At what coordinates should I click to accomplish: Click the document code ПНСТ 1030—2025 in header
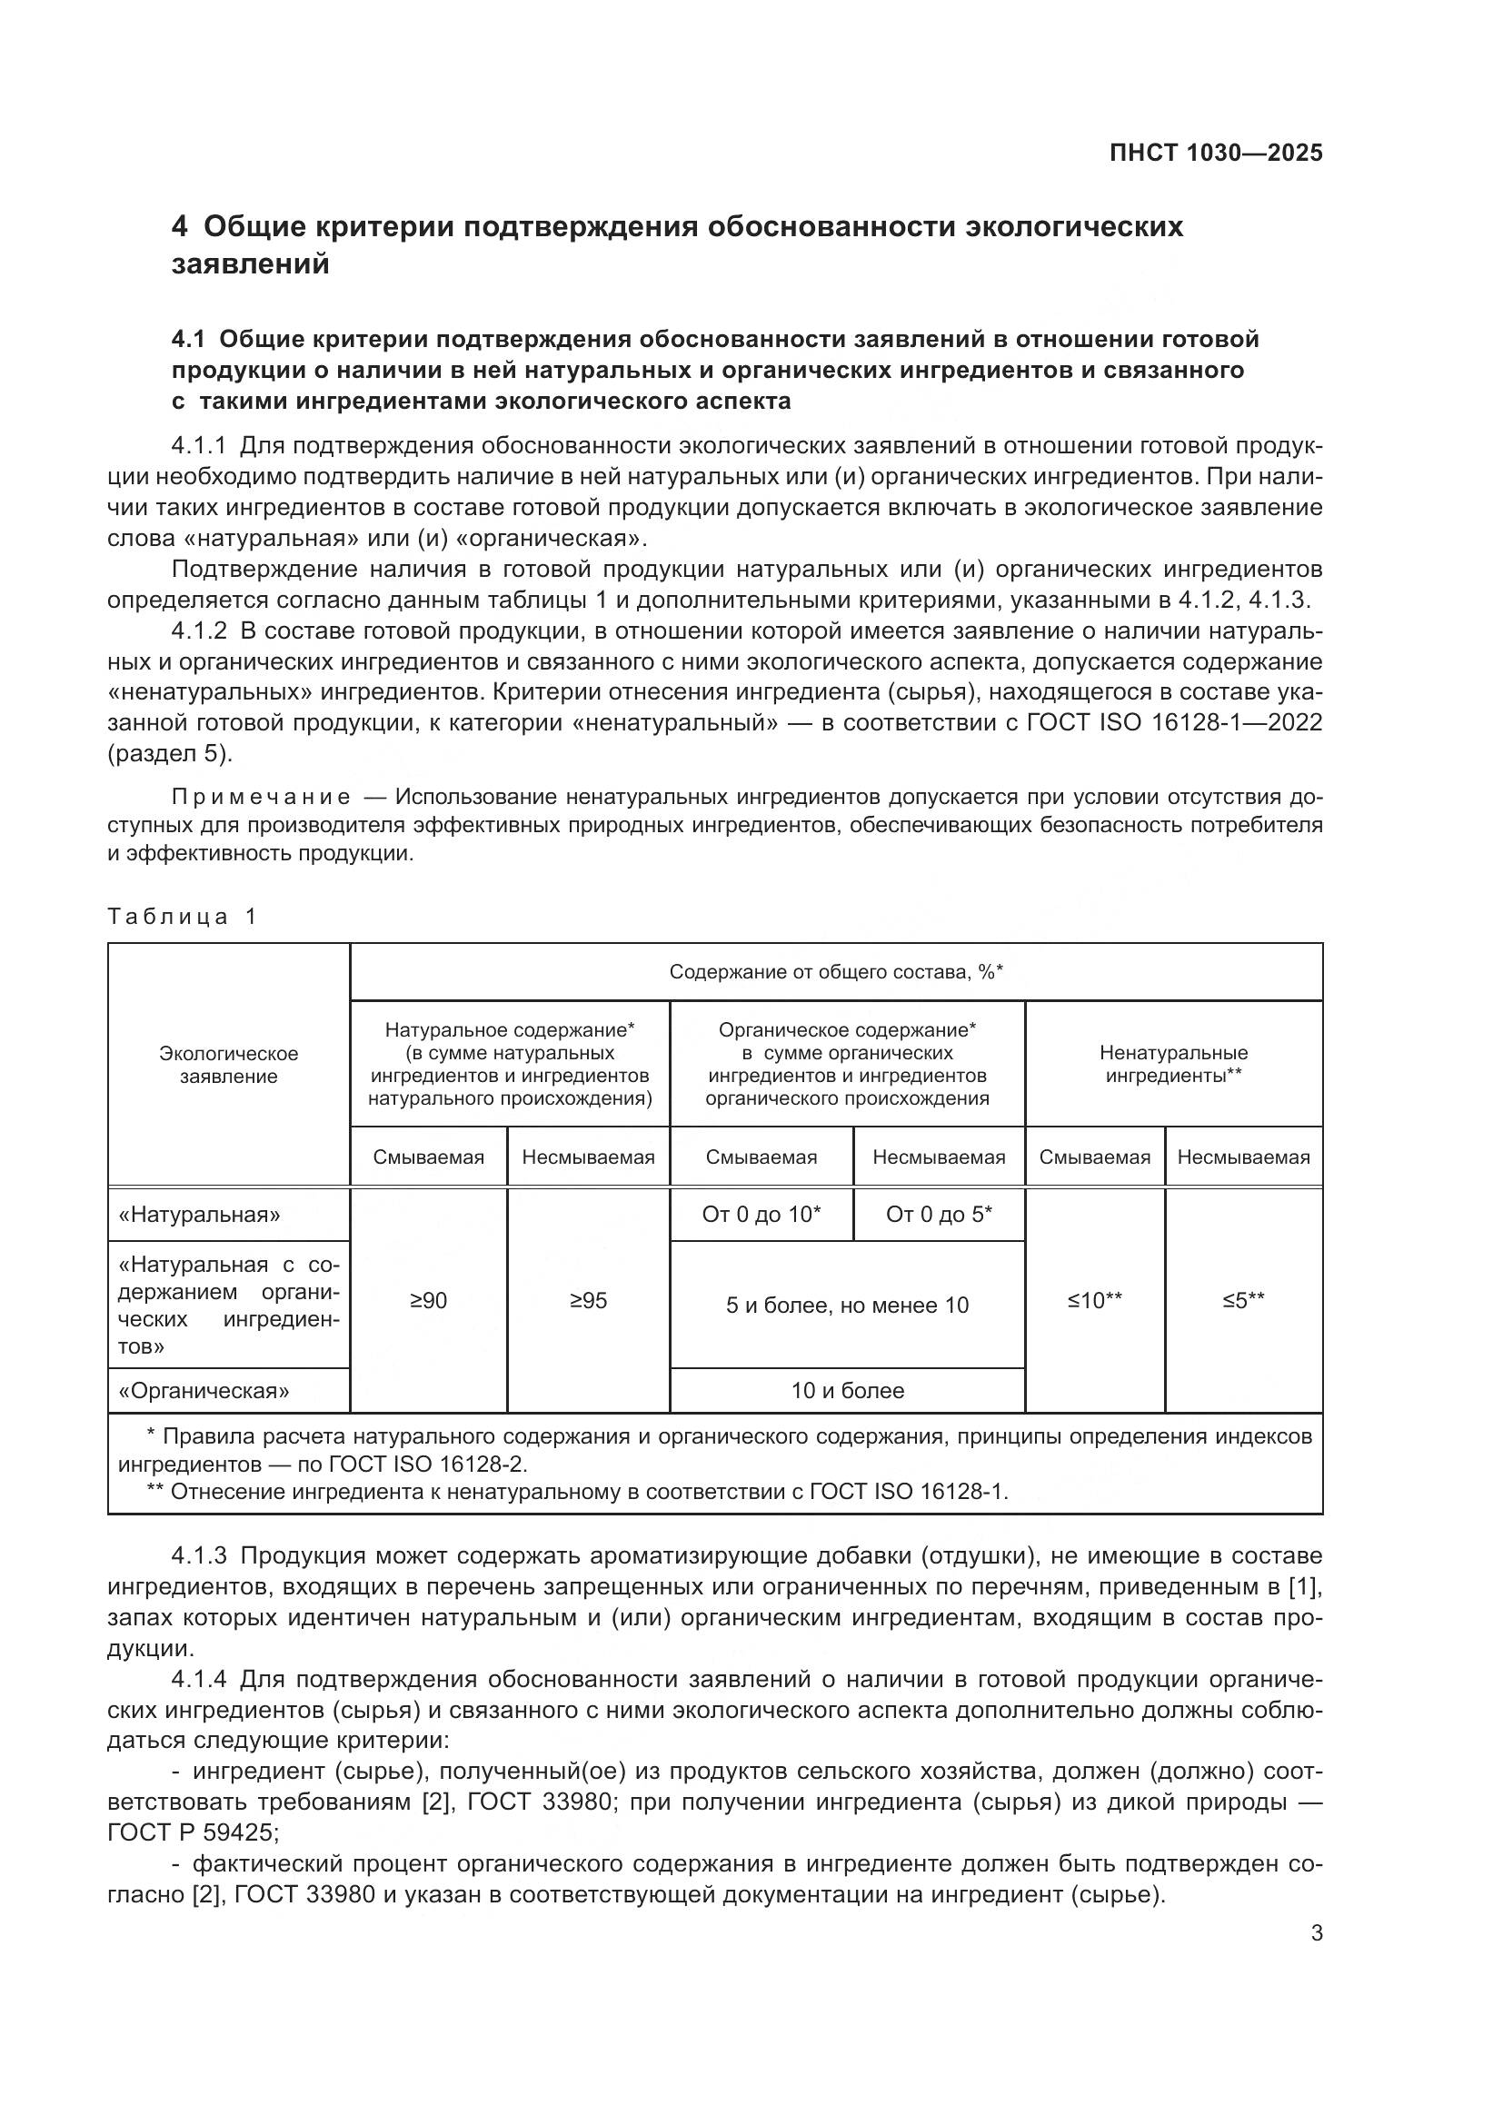click(1215, 153)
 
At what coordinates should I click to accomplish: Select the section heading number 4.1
click(189, 340)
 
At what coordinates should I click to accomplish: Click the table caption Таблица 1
click(182, 917)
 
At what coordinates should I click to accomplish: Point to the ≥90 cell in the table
click(428, 1300)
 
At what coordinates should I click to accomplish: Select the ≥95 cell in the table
click(588, 1300)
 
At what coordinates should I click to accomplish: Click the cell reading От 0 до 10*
click(761, 1214)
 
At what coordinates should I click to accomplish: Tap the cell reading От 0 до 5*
click(939, 1214)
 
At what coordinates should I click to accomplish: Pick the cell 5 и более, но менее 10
click(847, 1305)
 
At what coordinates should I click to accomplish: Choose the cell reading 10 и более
click(847, 1390)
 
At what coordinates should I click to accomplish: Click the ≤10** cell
click(1094, 1300)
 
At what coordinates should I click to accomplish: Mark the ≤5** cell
click(1243, 1300)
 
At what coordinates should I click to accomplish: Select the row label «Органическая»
click(204, 1390)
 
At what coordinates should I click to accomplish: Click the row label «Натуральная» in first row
click(199, 1214)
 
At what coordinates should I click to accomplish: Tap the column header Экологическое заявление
click(229, 1065)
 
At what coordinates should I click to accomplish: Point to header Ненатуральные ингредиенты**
click(1172, 1065)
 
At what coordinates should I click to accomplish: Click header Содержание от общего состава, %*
click(836, 972)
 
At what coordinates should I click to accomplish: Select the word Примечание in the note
click(261, 797)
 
